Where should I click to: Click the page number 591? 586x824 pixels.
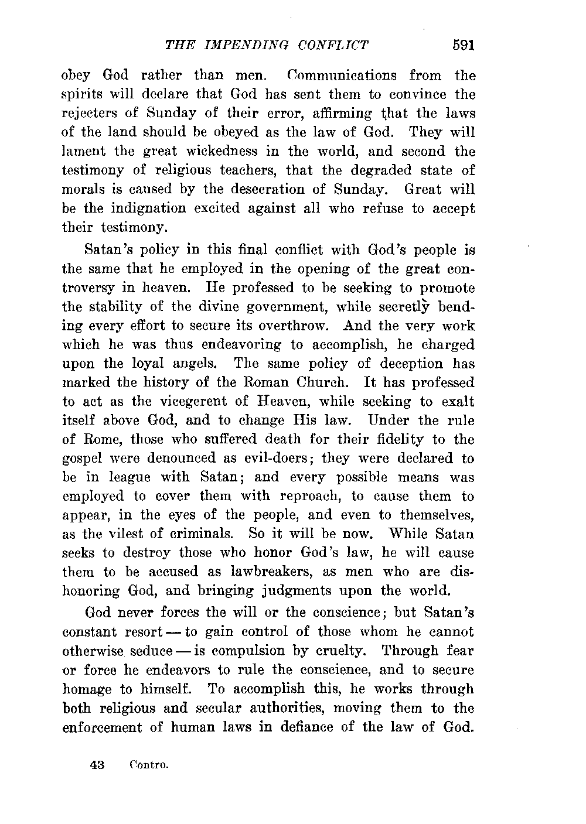click(x=462, y=45)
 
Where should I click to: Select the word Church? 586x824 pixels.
click(x=326, y=382)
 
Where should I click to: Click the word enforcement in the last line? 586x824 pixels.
click(x=103, y=727)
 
